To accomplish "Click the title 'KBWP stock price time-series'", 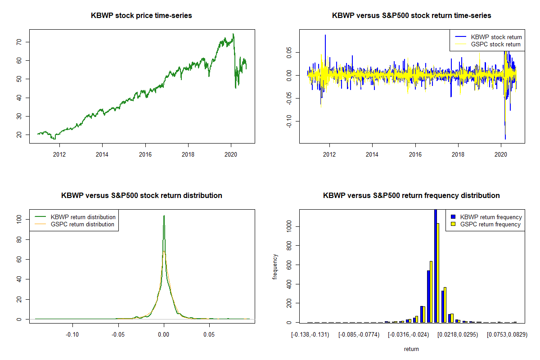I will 141,16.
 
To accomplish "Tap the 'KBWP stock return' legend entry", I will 496,37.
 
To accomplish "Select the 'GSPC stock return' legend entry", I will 495,44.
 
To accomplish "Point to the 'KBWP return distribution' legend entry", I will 83,217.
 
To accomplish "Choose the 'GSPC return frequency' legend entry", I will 490,224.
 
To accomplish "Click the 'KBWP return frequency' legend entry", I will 491,217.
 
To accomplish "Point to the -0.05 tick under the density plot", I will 118,334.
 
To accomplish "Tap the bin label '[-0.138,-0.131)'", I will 310,334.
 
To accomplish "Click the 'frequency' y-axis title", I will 275,266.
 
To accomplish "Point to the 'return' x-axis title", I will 411,349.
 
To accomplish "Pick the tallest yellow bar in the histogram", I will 438,273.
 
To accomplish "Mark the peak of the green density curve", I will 164,216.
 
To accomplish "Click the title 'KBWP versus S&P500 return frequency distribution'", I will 411,196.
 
